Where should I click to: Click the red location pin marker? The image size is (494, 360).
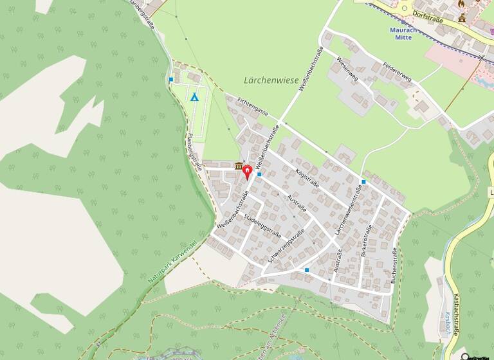[247, 171]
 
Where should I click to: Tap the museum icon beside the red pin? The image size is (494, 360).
[239, 167]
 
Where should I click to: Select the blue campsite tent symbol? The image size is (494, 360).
[194, 97]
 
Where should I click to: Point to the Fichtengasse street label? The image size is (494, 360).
[252, 106]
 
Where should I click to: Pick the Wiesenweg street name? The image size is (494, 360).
[347, 67]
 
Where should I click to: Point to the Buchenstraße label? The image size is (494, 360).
[393, 265]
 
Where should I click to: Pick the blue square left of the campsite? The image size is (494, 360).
[171, 80]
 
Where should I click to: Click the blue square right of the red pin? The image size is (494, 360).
[259, 174]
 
